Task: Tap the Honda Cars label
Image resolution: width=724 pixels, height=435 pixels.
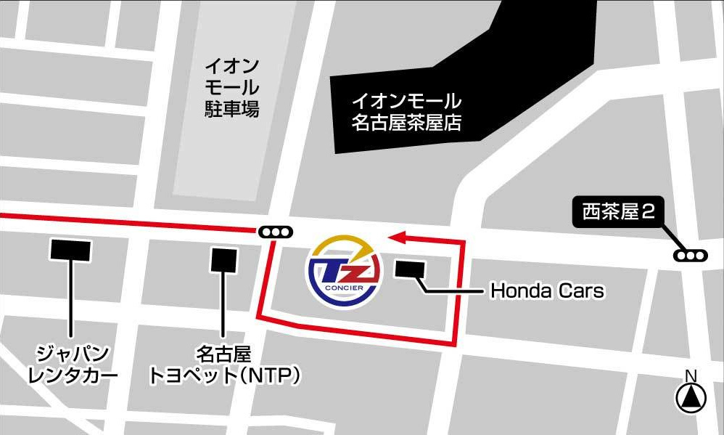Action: click(x=547, y=291)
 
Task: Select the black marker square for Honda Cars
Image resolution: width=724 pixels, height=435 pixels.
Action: click(x=411, y=269)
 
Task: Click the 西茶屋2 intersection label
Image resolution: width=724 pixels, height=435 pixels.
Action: click(x=620, y=212)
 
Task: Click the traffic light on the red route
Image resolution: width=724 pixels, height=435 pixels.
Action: click(x=276, y=232)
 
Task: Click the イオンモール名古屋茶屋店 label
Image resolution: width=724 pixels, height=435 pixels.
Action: click(x=406, y=111)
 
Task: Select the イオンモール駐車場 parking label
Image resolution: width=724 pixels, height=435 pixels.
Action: click(x=231, y=88)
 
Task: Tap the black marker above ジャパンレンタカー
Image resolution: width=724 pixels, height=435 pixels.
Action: click(x=70, y=251)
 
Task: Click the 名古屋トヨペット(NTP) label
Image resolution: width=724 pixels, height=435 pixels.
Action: click(x=224, y=365)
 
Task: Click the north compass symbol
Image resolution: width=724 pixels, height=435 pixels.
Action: click(x=691, y=397)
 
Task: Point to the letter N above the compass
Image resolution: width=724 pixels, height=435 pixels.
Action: click(x=691, y=376)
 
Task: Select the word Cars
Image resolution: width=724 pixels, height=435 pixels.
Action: click(x=582, y=291)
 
